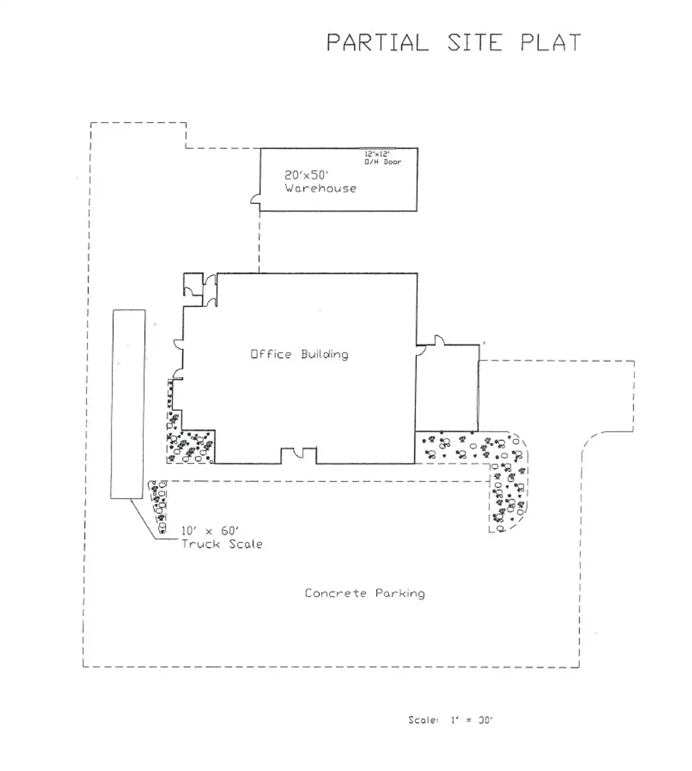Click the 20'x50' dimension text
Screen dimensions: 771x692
click(x=306, y=175)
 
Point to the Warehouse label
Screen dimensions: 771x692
click(x=320, y=188)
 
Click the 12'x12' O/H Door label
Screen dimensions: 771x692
click(x=383, y=158)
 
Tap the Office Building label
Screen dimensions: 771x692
click(x=299, y=354)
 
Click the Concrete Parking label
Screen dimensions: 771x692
click(x=365, y=593)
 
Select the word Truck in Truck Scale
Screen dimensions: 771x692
click(x=200, y=544)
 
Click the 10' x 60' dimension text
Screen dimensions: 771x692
click(x=210, y=531)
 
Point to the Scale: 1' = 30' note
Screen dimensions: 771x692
click(x=451, y=720)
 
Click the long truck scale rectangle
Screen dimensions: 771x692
click(x=128, y=404)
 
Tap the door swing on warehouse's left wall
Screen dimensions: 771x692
click(x=255, y=199)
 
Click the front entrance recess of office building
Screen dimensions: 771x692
click(x=299, y=455)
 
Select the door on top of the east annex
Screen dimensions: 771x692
click(x=439, y=340)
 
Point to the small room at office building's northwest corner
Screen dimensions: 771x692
click(x=193, y=284)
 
